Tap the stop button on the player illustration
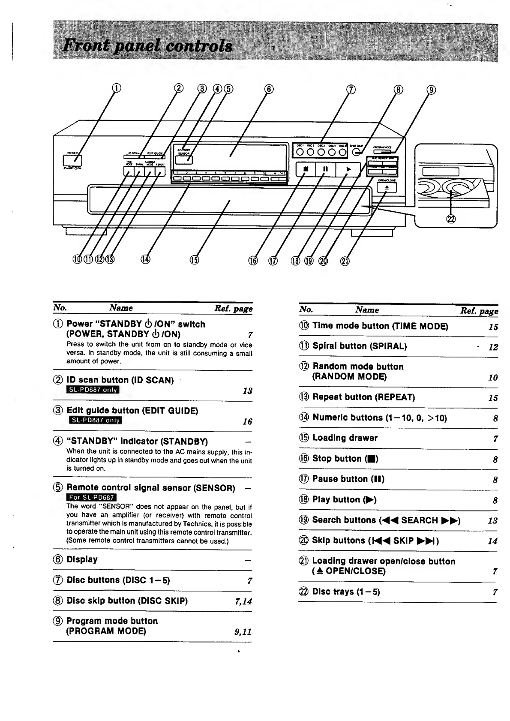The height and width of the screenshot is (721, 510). click(x=306, y=169)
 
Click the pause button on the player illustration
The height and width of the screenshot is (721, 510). click(x=326, y=169)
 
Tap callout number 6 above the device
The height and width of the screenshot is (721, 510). click(x=268, y=89)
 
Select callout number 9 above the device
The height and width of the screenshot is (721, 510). click(x=432, y=90)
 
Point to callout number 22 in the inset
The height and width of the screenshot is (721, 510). click(x=451, y=219)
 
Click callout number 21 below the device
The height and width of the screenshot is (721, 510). click(x=345, y=261)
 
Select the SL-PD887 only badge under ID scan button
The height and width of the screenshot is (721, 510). click(x=93, y=390)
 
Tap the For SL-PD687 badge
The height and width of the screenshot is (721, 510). click(x=92, y=497)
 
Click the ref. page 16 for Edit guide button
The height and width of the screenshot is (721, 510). click(x=247, y=422)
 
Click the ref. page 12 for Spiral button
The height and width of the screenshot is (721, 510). click(x=493, y=347)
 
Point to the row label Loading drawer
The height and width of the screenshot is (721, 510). click(x=345, y=438)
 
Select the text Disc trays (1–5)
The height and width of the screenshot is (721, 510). click(x=346, y=592)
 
